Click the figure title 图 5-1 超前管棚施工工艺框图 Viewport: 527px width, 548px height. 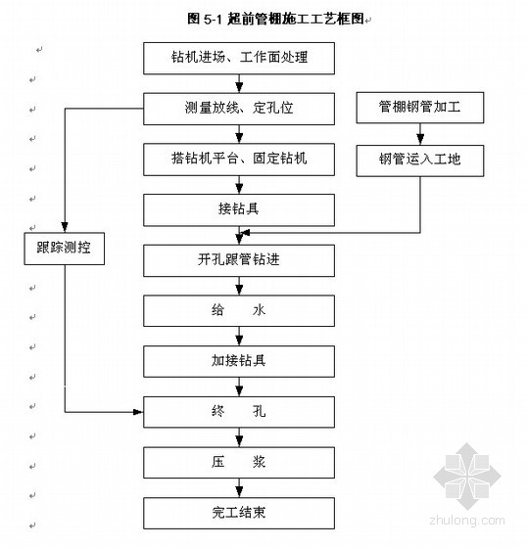[276, 19]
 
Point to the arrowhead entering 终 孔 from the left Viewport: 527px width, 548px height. [138, 412]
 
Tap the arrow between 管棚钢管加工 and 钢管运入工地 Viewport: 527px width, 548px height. [420, 134]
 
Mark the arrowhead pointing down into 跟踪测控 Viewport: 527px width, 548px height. [65, 227]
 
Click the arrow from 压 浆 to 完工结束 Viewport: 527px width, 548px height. [239, 488]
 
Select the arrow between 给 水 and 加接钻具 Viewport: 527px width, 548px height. [239, 337]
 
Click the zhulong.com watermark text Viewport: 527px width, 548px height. [467, 521]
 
